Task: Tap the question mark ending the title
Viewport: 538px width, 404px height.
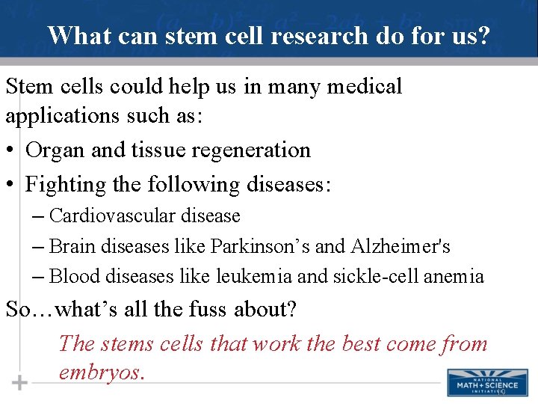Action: click(x=484, y=35)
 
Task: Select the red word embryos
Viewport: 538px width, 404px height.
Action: click(x=101, y=372)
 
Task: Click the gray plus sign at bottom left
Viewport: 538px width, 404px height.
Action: click(x=19, y=383)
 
